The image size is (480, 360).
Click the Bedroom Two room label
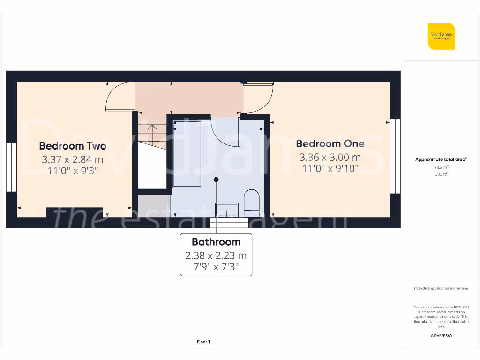tap(73, 146)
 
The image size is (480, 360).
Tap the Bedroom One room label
tap(330, 144)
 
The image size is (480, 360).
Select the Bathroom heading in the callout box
tap(216, 242)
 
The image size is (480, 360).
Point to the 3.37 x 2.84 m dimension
tap(73, 159)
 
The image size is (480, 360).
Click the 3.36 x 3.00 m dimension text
tap(330, 157)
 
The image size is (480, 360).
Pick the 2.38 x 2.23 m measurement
tap(216, 255)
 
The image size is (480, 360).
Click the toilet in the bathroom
tap(252, 202)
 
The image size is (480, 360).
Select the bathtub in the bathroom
tap(187, 153)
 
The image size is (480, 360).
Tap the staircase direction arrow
tap(152, 128)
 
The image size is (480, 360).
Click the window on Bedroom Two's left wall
tap(11, 167)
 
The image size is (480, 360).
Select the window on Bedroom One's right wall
tap(396, 156)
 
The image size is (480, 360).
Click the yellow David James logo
tap(441, 36)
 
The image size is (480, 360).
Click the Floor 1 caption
tap(203, 342)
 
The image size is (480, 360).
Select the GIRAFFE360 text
tap(441, 336)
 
